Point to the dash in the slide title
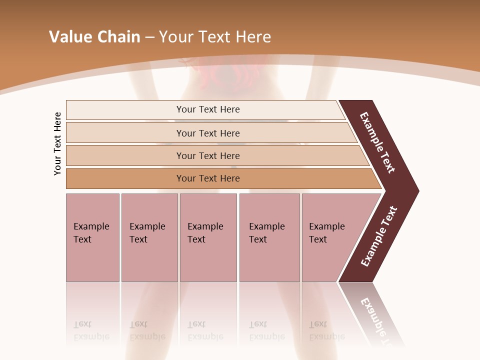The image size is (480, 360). pos(149,37)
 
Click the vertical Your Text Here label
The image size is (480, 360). pos(57,143)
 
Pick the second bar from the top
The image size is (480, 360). pos(208,133)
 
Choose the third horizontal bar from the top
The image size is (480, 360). pos(208,155)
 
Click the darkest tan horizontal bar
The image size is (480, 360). pos(208,178)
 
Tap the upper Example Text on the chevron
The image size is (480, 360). pos(377,142)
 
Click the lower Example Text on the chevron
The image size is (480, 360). pos(378,236)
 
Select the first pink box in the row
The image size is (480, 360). pos(92,237)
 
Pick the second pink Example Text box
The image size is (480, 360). pos(149,237)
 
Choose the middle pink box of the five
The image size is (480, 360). pos(208,237)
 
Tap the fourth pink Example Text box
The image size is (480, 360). pos(269,237)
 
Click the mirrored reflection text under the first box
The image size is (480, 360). pos(91,330)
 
